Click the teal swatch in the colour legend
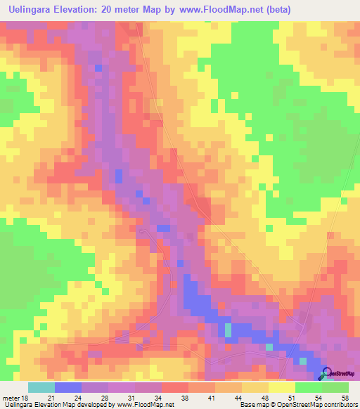(41, 387)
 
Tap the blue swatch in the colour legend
(67, 387)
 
